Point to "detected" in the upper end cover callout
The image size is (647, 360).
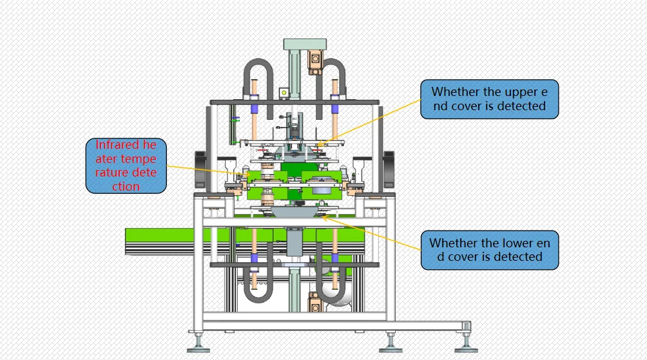click(521, 106)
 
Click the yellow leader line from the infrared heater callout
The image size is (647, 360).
click(205, 171)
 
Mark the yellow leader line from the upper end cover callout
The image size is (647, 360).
click(370, 122)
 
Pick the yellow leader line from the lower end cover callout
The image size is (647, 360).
click(372, 233)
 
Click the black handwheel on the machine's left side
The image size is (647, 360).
click(200, 169)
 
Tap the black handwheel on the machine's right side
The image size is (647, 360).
click(389, 169)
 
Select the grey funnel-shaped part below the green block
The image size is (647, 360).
click(294, 212)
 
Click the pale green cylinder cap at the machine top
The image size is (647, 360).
click(305, 44)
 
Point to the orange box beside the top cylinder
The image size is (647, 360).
click(315, 62)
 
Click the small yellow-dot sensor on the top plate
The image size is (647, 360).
click(284, 93)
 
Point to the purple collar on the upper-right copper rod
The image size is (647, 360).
click(334, 109)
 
